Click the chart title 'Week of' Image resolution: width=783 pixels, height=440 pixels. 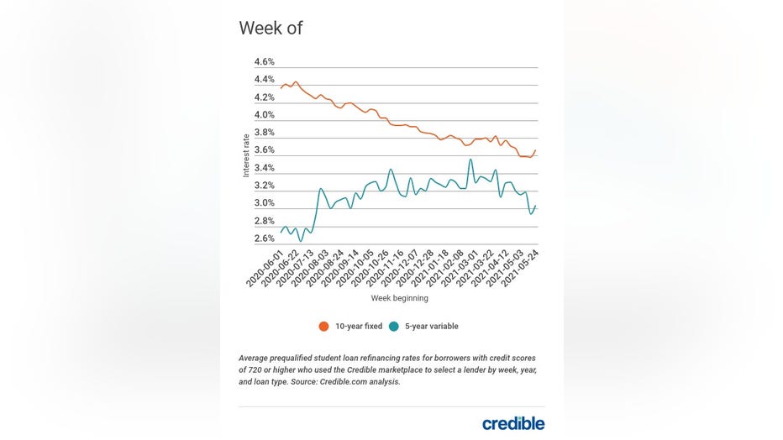[271, 28]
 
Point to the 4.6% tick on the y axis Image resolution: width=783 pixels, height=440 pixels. [265, 62]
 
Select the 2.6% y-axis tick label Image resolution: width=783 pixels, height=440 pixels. [265, 238]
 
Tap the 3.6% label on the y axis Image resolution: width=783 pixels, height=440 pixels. [265, 150]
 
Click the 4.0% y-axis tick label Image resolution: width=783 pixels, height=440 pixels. [265, 115]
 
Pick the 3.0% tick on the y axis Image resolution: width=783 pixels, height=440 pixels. [265, 203]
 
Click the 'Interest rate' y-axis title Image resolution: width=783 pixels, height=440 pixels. [246, 155]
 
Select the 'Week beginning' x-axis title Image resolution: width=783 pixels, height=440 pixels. [399, 298]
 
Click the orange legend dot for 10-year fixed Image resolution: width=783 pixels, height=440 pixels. [323, 326]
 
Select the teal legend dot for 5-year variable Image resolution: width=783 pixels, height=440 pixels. [393, 326]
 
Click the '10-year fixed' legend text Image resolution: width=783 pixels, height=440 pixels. [358, 326]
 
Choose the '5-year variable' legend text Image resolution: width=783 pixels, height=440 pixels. [431, 326]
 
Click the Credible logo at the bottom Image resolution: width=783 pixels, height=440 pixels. [512, 423]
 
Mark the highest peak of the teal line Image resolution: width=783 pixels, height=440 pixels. [470, 160]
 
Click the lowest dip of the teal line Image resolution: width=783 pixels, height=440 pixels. [300, 241]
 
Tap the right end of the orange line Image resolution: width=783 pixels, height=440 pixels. [535, 150]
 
